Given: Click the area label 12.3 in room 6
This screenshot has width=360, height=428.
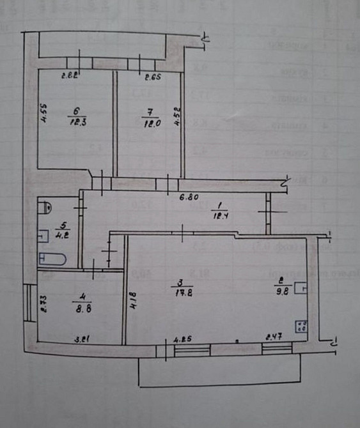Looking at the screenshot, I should [x=75, y=124].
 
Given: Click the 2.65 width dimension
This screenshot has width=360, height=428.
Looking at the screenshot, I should [x=152, y=78].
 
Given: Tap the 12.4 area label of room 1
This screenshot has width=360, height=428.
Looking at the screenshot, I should [x=218, y=215].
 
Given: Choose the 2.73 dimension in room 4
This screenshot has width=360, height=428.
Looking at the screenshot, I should [x=43, y=303].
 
